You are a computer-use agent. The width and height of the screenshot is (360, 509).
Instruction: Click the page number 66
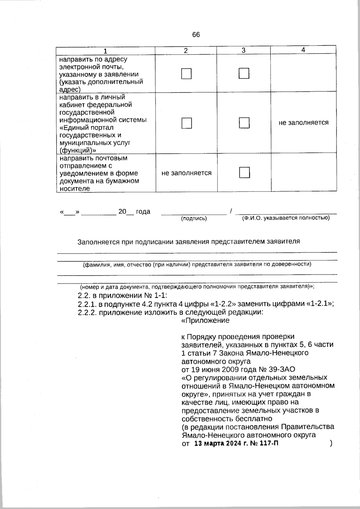(x=196, y=35)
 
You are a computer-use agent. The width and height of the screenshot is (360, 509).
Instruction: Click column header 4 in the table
(x=303, y=50)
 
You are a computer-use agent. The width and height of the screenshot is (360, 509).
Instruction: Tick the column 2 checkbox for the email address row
(x=186, y=74)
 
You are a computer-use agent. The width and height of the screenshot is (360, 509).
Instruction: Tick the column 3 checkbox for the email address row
(x=244, y=73)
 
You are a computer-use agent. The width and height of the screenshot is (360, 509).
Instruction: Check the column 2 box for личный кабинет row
(x=186, y=123)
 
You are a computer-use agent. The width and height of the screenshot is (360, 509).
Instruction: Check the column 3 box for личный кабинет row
(x=244, y=123)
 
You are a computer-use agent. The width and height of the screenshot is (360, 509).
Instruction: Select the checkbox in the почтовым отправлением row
(x=244, y=172)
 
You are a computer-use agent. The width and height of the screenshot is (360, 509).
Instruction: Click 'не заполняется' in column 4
(x=303, y=122)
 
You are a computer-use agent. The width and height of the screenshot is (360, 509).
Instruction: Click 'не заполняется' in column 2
(x=186, y=173)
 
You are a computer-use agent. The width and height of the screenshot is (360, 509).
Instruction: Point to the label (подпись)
(x=194, y=219)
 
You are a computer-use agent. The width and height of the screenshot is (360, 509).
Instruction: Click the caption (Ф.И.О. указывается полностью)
(x=286, y=218)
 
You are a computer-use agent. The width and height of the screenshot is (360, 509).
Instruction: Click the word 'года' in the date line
(x=143, y=211)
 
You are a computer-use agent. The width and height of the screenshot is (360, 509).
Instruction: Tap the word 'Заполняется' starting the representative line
(x=95, y=242)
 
